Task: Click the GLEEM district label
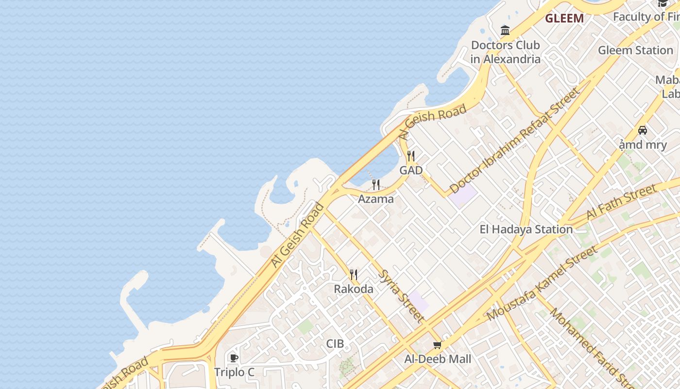click(564, 18)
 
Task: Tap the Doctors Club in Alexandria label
click(505, 52)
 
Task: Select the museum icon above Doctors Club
click(505, 31)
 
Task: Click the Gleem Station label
click(635, 50)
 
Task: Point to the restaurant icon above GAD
click(411, 156)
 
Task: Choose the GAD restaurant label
click(411, 170)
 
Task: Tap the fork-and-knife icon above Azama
click(375, 185)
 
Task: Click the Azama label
click(375, 199)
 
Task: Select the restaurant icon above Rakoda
click(354, 275)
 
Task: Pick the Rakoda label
click(354, 289)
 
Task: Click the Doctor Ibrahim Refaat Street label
click(514, 141)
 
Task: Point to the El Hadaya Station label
click(526, 229)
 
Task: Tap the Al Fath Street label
click(621, 202)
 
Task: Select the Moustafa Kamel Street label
click(542, 283)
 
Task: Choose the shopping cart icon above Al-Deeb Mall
click(437, 345)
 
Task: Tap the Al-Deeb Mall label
click(438, 359)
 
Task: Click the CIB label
click(335, 344)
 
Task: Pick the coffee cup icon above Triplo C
click(234, 358)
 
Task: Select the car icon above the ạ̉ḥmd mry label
click(642, 130)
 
